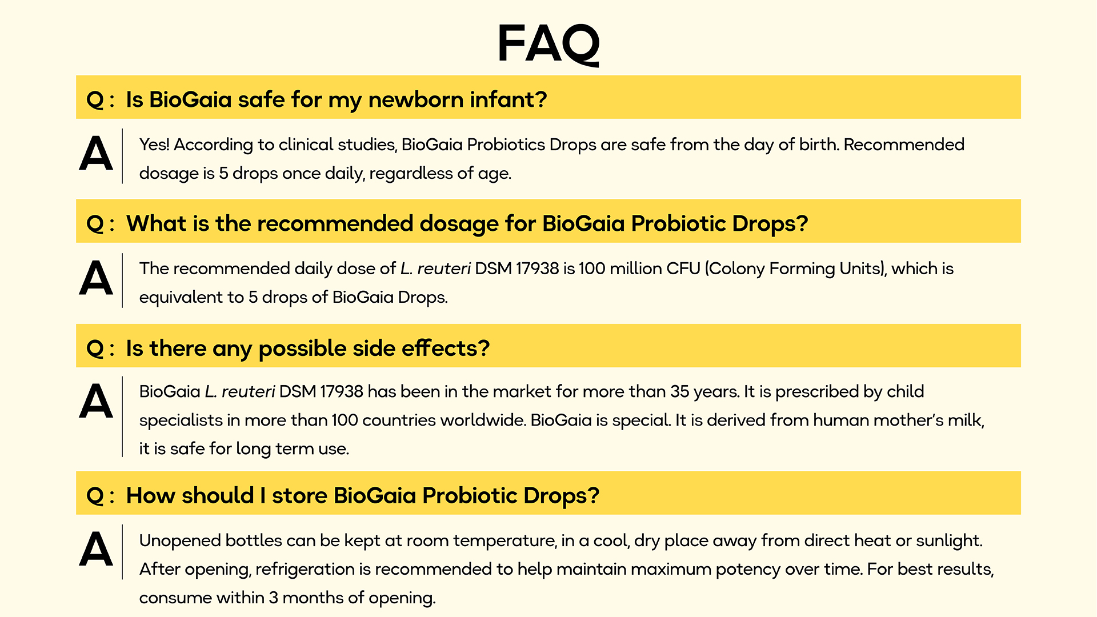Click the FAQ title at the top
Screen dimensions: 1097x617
click(548, 45)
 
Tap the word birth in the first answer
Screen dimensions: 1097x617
click(819, 145)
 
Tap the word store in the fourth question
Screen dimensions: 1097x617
click(299, 495)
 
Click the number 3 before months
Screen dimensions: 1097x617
click(273, 598)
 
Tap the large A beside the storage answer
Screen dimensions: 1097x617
click(96, 550)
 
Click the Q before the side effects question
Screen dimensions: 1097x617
click(95, 349)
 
